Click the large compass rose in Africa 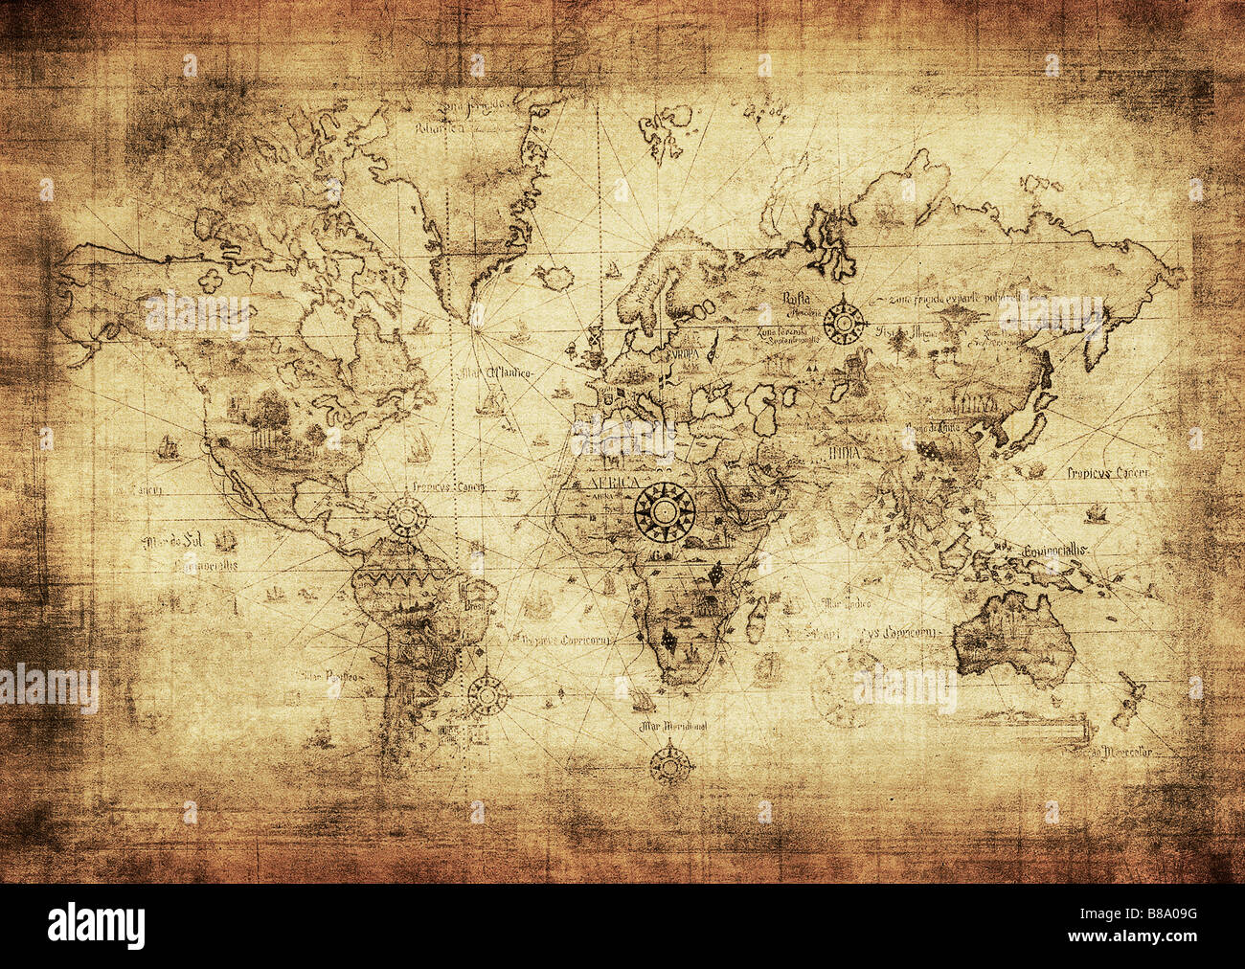click(x=664, y=511)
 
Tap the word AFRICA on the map click(x=611, y=483)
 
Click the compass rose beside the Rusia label click(x=844, y=321)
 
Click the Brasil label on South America click(x=475, y=606)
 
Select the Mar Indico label click(x=846, y=603)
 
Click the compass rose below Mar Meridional click(x=671, y=764)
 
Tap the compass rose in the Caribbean click(x=408, y=517)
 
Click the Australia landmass click(x=1013, y=637)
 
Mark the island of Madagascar click(x=757, y=616)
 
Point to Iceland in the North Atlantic click(x=555, y=278)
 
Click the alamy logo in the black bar click(x=96, y=927)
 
